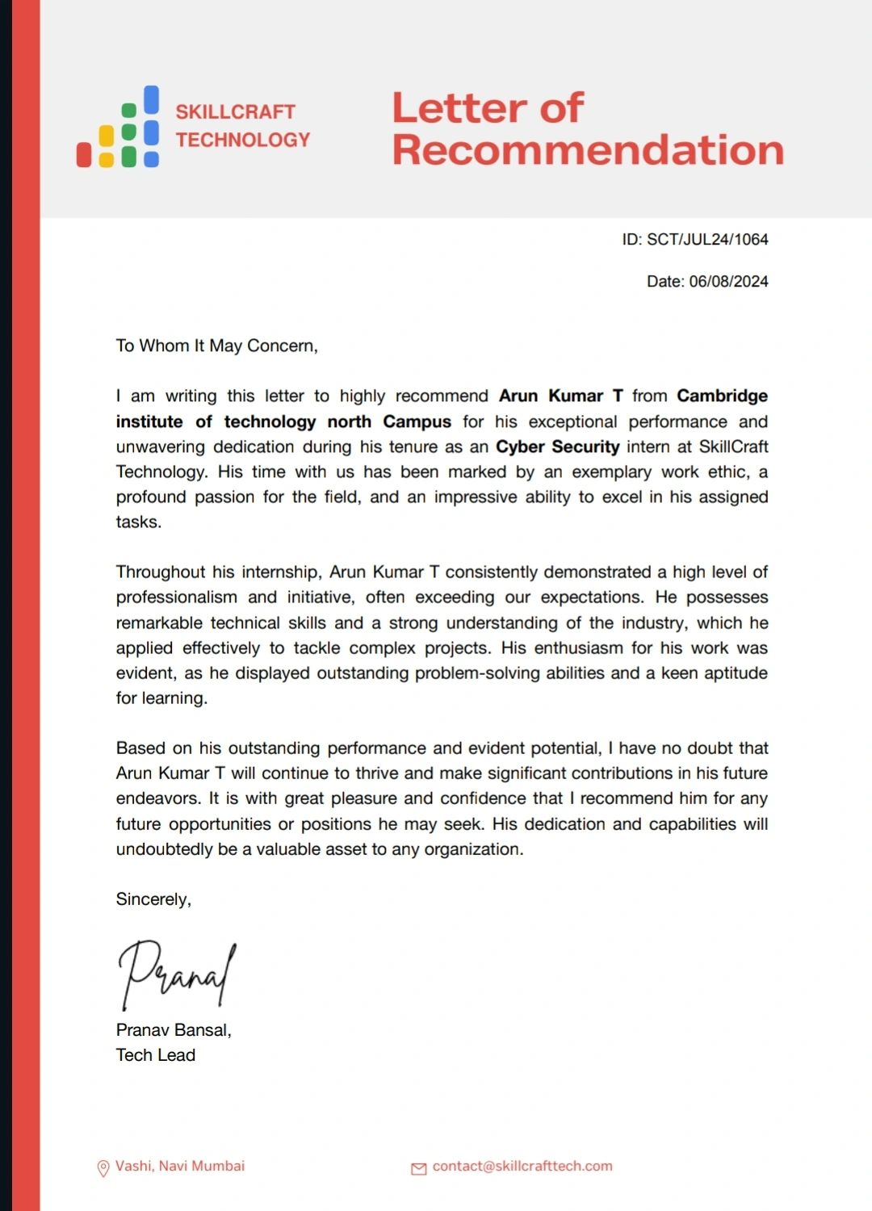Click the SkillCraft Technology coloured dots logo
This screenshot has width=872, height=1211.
118,128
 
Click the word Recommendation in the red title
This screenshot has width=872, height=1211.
588,150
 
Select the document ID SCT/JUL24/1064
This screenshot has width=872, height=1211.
707,240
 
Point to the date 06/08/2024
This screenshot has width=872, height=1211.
728,282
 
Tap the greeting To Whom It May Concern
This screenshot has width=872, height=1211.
216,346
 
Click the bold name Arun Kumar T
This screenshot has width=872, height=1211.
560,396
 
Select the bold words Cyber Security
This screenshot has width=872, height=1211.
557,447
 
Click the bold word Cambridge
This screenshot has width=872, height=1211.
722,396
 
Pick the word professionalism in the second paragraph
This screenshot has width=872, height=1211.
176,597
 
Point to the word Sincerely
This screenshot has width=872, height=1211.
153,899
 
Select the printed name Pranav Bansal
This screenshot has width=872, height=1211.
173,1030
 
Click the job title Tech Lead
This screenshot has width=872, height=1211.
156,1055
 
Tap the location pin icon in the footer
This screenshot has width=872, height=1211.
103,1168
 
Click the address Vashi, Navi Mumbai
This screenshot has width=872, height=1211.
180,1166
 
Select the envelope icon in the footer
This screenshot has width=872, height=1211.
419,1168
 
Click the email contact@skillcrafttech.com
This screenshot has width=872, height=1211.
522,1166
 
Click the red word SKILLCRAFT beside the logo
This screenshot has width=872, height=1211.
235,112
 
